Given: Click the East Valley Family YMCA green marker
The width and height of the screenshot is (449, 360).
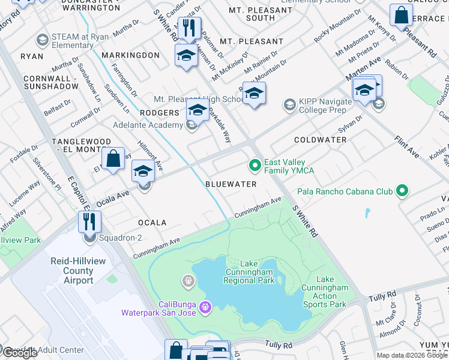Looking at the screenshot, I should coord(255,164).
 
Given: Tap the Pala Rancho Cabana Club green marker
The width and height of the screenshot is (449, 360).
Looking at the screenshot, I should coord(402,191).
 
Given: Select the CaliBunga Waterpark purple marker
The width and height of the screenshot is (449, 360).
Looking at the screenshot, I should coord(205,307).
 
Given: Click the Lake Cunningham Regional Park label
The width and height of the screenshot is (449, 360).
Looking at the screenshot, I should coord(249,272).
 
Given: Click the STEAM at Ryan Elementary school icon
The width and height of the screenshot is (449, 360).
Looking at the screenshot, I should coord(42,40).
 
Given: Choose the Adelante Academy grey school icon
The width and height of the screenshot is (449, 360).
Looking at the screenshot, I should coord(191,125).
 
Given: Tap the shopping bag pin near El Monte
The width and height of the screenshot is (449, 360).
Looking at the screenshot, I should coord(113,160).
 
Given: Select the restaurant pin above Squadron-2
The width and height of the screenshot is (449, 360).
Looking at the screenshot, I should coord(89,223).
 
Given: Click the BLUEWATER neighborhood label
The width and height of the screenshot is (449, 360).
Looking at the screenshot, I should coord(231,184).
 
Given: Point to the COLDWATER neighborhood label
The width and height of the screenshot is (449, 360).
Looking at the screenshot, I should coord(320,140).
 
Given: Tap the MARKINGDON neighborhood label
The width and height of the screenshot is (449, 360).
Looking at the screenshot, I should coord(130,55).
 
